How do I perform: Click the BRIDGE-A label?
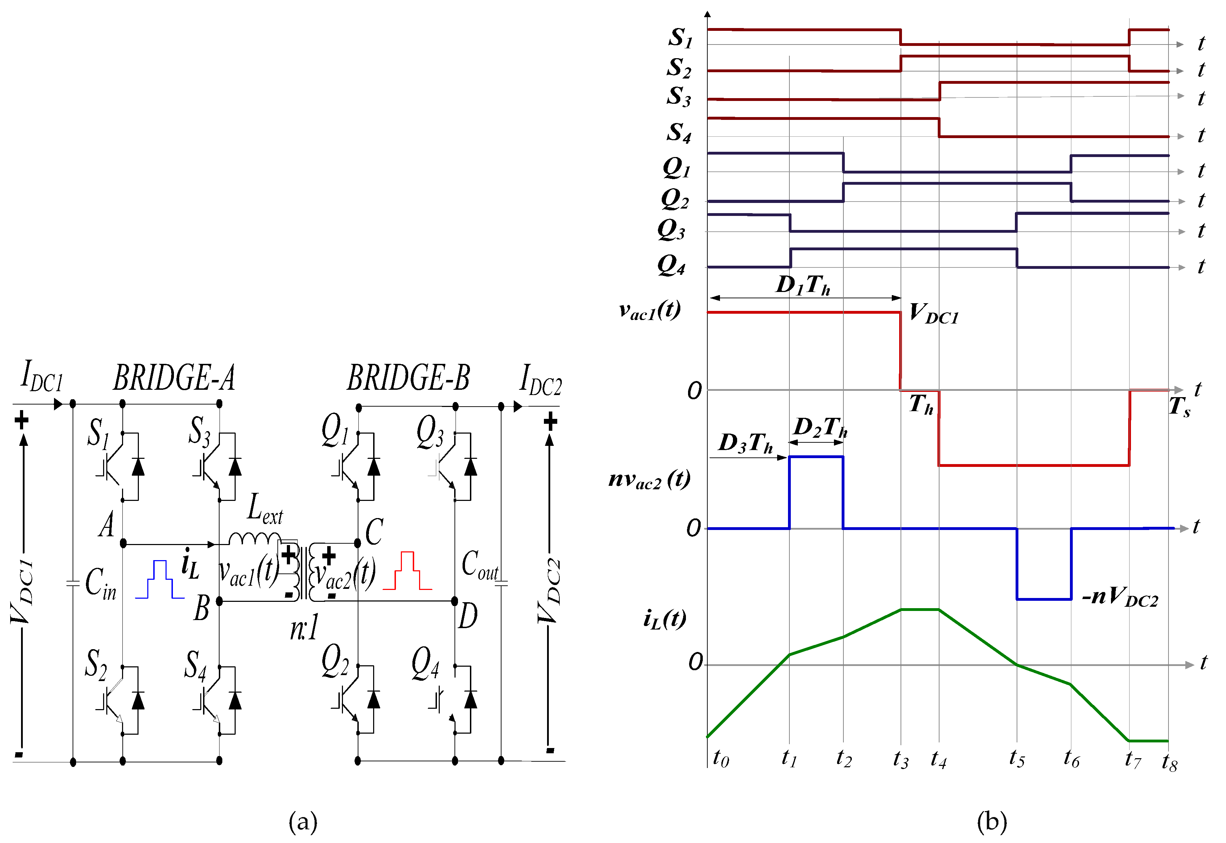[x=174, y=378]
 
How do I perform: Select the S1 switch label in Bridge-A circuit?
[x=98, y=433]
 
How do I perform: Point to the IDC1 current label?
[x=42, y=376]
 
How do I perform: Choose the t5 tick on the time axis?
[x=1017, y=759]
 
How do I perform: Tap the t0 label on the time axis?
[x=721, y=759]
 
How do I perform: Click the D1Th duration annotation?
[x=803, y=285]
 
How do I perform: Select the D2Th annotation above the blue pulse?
[x=821, y=427]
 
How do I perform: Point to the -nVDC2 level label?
[x=1120, y=597]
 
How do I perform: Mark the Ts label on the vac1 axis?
[x=1179, y=407]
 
